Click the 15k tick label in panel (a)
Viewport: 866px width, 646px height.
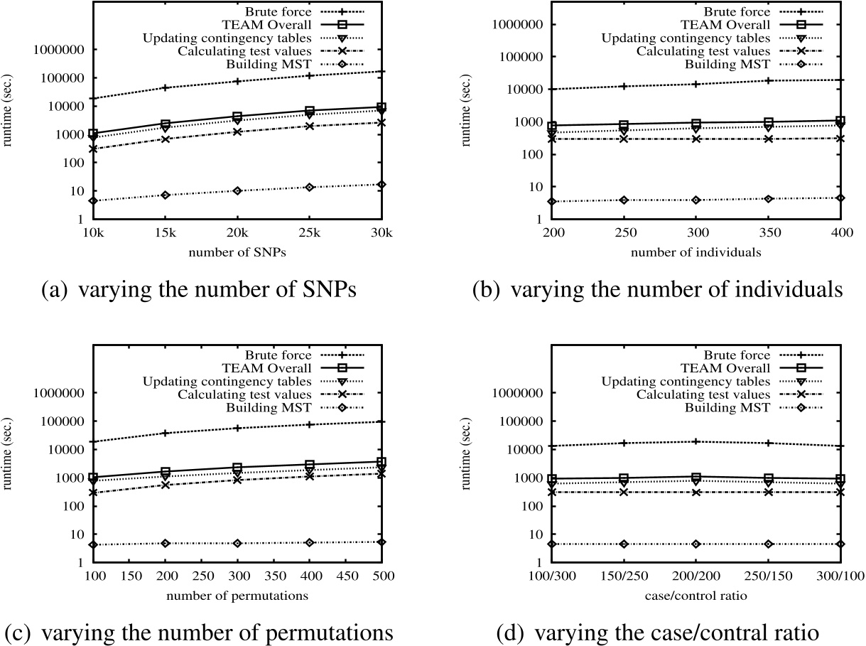pyautogui.click(x=164, y=232)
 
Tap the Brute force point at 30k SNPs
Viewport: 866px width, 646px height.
pyautogui.click(x=381, y=71)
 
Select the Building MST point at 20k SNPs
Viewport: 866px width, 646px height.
pyautogui.click(x=237, y=190)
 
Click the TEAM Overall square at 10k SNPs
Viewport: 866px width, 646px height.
pyautogui.click(x=92, y=133)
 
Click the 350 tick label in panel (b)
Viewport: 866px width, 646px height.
pyautogui.click(x=768, y=232)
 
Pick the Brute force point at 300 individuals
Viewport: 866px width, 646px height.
pyautogui.click(x=695, y=84)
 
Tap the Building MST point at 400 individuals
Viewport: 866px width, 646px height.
pyautogui.click(x=840, y=198)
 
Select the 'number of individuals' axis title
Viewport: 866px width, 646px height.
pyautogui.click(x=695, y=252)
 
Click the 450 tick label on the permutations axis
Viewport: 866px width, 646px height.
pyautogui.click(x=345, y=576)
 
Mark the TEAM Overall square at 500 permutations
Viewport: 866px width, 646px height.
pyautogui.click(x=381, y=461)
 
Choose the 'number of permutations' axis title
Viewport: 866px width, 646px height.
pyautogui.click(x=237, y=595)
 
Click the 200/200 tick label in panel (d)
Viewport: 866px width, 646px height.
pyautogui.click(x=695, y=576)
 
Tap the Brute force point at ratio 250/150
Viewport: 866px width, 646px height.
pyautogui.click(x=768, y=443)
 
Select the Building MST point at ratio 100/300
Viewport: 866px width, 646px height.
pyautogui.click(x=551, y=544)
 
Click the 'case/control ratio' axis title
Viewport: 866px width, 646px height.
pyautogui.click(x=695, y=595)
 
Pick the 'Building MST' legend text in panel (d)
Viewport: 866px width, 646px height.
pyautogui.click(x=727, y=408)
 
